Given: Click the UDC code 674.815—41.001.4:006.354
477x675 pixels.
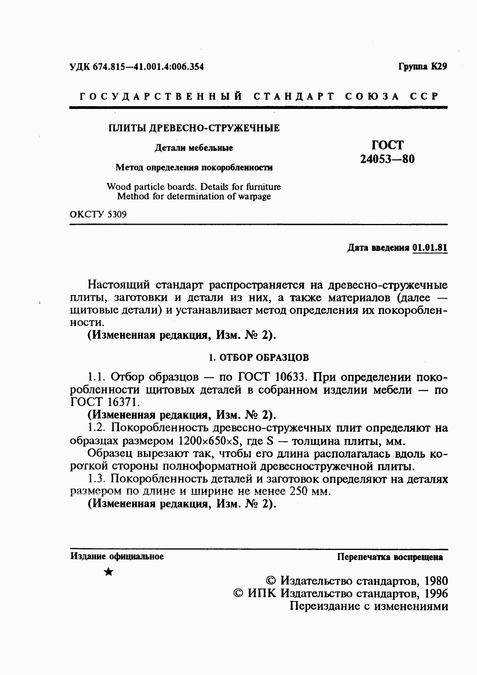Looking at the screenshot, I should pyautogui.click(x=148, y=67).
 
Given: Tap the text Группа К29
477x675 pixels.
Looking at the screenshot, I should pyautogui.click(x=422, y=66).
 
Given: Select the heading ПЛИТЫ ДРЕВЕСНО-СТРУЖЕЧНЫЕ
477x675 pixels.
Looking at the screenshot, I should pyautogui.click(x=194, y=128).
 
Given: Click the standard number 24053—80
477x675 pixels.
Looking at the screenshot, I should pyautogui.click(x=387, y=159).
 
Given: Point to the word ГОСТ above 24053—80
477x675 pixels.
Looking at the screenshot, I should pyautogui.click(x=387, y=145).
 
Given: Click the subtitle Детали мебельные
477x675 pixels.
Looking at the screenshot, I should pyautogui.click(x=194, y=148).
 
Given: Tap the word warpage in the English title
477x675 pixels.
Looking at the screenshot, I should pyautogui.click(x=254, y=197).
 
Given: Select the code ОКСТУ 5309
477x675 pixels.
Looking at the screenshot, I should pyautogui.click(x=98, y=214).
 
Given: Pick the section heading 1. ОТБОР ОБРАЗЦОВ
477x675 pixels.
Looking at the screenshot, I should pyautogui.click(x=260, y=357).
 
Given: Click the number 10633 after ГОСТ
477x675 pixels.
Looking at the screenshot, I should pyautogui.click(x=291, y=377).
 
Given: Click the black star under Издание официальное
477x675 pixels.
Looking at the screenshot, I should pyautogui.click(x=108, y=572).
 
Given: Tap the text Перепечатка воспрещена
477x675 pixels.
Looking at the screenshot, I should pyautogui.click(x=390, y=557).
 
